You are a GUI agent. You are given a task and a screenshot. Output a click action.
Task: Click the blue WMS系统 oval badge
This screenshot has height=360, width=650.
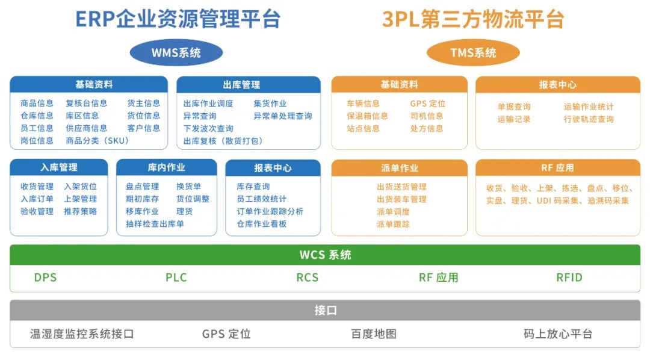tap(176, 52)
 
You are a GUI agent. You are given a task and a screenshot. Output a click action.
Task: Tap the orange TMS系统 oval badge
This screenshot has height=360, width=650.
tap(473, 52)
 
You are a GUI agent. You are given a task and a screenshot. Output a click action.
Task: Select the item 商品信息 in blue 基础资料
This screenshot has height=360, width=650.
tap(37, 103)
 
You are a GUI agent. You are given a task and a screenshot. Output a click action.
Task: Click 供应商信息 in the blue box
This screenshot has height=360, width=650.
tap(86, 128)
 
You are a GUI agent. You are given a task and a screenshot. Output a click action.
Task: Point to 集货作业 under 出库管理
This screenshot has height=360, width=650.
tap(270, 104)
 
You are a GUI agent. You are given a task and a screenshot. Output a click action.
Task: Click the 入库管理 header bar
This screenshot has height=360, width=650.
tap(59, 167)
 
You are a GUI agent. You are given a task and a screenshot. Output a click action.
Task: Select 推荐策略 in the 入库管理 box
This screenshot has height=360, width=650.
tap(80, 211)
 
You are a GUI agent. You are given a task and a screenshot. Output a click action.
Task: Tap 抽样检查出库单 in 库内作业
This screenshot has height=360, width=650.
tap(155, 223)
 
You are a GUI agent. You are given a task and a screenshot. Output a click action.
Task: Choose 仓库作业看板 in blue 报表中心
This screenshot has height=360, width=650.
tap(262, 223)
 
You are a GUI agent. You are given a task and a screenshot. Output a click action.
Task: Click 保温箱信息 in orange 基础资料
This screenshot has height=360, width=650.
tap(367, 116)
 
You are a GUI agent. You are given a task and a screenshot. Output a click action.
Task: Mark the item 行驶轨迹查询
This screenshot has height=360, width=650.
tap(589, 119)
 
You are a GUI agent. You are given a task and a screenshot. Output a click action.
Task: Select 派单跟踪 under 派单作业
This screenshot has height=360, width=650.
tap(393, 224)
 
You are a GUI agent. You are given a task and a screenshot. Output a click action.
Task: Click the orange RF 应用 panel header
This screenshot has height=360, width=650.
tap(557, 167)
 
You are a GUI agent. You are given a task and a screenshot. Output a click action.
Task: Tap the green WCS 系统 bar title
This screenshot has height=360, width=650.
tap(325, 255)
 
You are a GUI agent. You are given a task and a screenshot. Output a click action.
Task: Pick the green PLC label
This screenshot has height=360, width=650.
tap(176, 278)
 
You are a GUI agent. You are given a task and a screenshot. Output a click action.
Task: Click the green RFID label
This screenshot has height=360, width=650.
tap(569, 278)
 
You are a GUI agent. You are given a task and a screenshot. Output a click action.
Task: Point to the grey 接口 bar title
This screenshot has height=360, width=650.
tap(325, 310)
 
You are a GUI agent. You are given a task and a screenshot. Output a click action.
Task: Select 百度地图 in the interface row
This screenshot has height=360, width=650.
tap(374, 334)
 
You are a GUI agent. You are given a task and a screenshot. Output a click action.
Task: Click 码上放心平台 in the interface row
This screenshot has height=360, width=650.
tap(558, 334)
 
